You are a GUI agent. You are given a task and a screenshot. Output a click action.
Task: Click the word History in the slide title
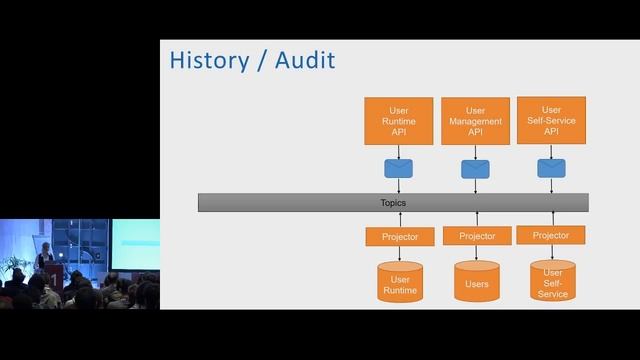click(x=208, y=60)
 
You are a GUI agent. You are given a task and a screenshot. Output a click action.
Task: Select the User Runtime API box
click(x=399, y=121)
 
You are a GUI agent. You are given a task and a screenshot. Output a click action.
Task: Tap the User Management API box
click(x=475, y=121)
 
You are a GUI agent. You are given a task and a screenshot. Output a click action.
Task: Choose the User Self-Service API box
click(x=551, y=120)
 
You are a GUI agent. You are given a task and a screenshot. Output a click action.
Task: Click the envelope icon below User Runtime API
click(x=399, y=167)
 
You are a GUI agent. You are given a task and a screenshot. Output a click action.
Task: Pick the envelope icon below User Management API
click(x=475, y=167)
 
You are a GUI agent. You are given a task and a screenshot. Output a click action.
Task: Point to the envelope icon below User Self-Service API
click(x=551, y=167)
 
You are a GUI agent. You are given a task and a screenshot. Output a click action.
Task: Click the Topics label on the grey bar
click(x=393, y=203)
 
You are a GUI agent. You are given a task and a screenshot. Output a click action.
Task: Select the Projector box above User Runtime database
click(x=399, y=237)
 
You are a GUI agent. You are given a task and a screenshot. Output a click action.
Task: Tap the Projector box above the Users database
click(x=476, y=236)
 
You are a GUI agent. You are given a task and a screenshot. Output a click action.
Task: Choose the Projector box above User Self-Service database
click(x=551, y=235)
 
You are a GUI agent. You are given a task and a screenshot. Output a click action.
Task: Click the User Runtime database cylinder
click(x=399, y=282)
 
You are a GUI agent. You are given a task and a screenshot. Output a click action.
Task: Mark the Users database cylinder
click(x=476, y=282)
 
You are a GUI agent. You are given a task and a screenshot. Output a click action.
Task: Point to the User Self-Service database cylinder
click(x=552, y=282)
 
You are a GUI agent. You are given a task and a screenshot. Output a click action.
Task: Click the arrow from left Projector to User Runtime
click(x=399, y=254)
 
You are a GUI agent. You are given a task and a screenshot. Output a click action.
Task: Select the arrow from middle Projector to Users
click(x=476, y=253)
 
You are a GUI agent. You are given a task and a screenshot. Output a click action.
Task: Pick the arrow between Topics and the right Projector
click(x=552, y=219)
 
